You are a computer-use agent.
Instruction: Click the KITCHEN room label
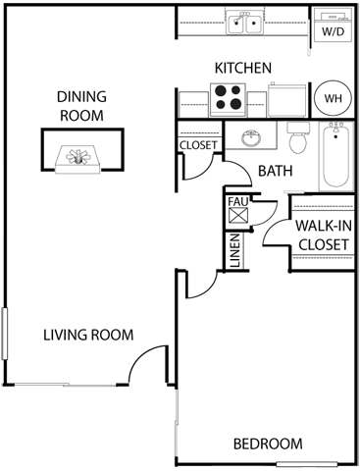tap(242, 68)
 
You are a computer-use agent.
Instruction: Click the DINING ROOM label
tap(79, 105)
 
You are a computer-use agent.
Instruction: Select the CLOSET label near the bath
tap(198, 146)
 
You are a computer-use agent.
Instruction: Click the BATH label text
tap(276, 171)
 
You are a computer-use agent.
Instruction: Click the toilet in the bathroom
tap(298, 141)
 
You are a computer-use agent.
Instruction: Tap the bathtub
tap(335, 157)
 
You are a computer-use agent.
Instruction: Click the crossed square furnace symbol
tap(238, 221)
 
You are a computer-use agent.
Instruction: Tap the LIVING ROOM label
tap(87, 336)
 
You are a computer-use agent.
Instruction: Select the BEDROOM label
tap(268, 445)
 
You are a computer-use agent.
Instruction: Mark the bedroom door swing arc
tap(197, 287)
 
